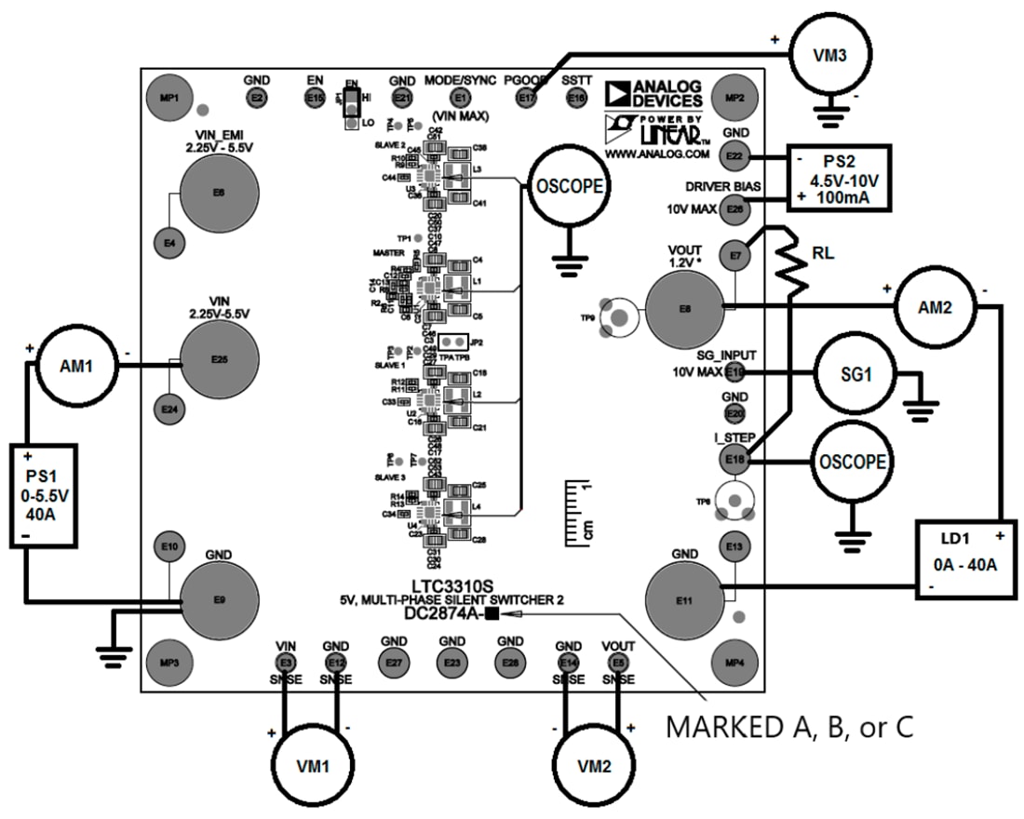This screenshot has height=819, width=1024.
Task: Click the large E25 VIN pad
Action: pyautogui.click(x=218, y=358)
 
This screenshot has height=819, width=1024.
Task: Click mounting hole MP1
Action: pyautogui.click(x=168, y=97)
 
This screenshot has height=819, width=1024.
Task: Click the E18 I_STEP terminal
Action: pyautogui.click(x=734, y=458)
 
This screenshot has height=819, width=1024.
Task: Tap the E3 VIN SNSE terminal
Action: pyautogui.click(x=286, y=662)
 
